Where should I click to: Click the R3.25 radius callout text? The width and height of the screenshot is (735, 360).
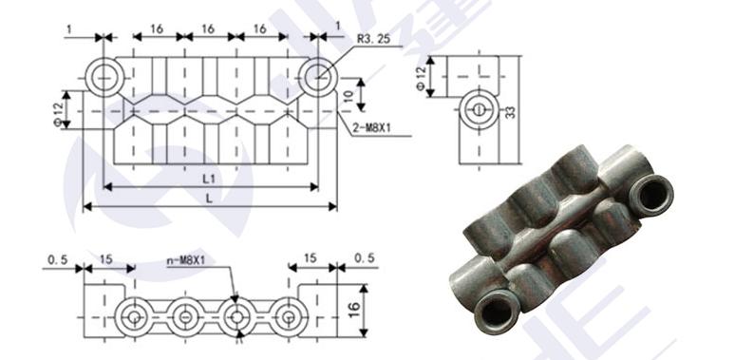click(373, 38)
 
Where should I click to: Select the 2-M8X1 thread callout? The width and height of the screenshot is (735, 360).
click(371, 127)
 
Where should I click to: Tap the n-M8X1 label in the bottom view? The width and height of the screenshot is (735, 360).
click(190, 259)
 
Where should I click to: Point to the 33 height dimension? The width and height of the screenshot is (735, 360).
click(511, 111)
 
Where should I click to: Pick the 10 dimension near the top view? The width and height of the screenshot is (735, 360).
click(347, 96)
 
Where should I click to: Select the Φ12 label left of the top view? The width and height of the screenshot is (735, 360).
click(57, 115)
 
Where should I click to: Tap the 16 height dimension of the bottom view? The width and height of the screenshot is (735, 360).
click(354, 310)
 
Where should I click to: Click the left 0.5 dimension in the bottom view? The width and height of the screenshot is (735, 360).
click(58, 259)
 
